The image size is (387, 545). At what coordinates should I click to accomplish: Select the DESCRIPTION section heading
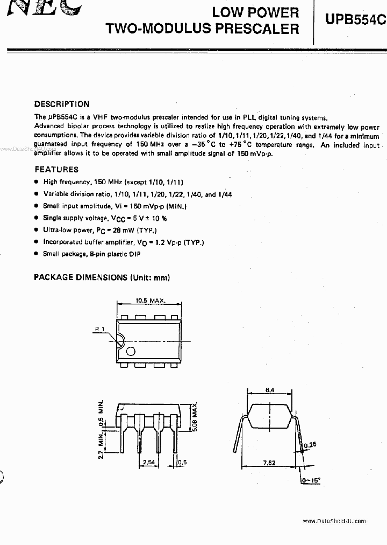coord(62,104)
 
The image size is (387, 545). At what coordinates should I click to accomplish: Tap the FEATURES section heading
coord(56,169)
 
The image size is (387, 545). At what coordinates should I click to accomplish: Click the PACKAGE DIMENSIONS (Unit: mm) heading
coord(102,277)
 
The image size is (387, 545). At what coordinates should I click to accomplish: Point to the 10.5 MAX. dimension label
coord(150,301)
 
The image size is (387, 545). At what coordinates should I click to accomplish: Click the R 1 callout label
coord(100,329)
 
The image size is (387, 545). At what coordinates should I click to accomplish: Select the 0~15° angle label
coord(311,479)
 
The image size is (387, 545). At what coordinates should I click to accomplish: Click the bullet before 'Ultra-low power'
coord(36,230)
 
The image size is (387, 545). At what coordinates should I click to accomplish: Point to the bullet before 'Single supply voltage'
coord(36,218)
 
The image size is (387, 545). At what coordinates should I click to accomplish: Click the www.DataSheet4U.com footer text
coord(334,521)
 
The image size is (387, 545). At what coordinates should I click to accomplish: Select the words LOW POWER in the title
coord(255,12)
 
